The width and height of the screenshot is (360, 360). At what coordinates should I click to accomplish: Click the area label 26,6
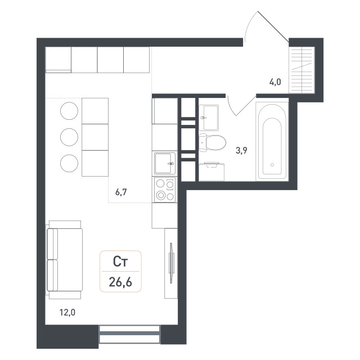click(x=120, y=282)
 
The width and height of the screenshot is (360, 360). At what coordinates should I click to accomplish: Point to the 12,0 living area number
click(x=67, y=313)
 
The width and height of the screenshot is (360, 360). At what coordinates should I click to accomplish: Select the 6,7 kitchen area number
click(x=121, y=192)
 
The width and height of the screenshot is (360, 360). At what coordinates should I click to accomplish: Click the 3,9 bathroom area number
click(x=241, y=151)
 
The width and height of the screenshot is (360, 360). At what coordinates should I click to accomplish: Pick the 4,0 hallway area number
click(x=275, y=82)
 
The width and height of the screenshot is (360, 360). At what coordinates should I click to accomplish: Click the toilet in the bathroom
click(x=212, y=142)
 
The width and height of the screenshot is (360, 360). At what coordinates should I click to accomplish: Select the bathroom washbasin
click(x=209, y=118)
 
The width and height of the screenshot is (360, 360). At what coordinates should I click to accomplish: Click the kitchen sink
click(x=165, y=164)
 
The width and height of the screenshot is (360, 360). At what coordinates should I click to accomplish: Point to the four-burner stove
click(x=165, y=190)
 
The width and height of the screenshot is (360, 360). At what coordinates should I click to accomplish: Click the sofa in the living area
click(x=65, y=260)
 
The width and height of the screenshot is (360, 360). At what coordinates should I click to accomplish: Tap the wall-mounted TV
click(x=171, y=263)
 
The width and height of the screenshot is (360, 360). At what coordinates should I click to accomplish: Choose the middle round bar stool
click(x=69, y=137)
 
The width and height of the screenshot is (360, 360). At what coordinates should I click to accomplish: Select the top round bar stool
click(x=69, y=111)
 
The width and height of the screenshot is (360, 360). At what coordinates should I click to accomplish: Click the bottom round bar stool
click(x=69, y=163)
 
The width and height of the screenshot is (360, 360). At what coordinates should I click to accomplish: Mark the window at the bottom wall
click(x=129, y=334)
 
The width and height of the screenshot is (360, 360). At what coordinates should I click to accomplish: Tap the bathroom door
click(x=246, y=106)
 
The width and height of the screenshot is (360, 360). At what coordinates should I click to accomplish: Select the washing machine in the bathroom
click(x=211, y=171)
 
